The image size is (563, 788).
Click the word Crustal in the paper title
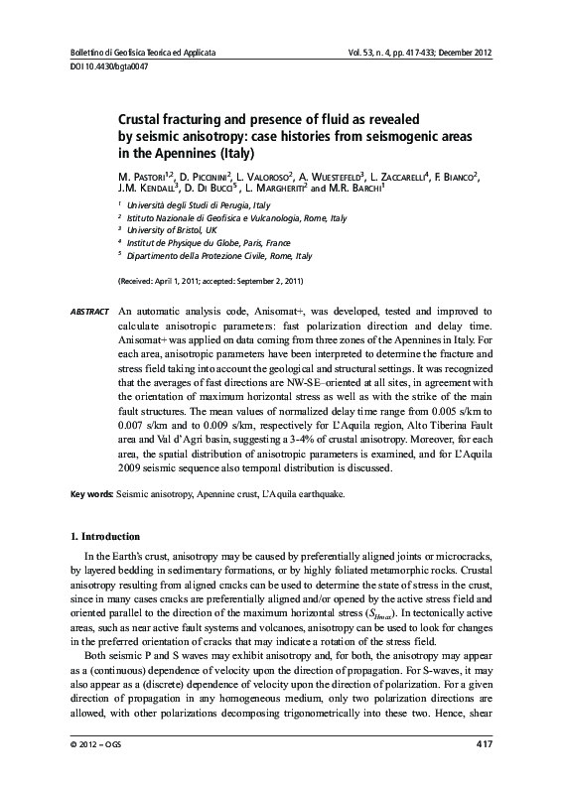pyautogui.click(x=141, y=117)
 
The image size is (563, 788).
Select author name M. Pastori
pyautogui.click(x=145, y=176)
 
